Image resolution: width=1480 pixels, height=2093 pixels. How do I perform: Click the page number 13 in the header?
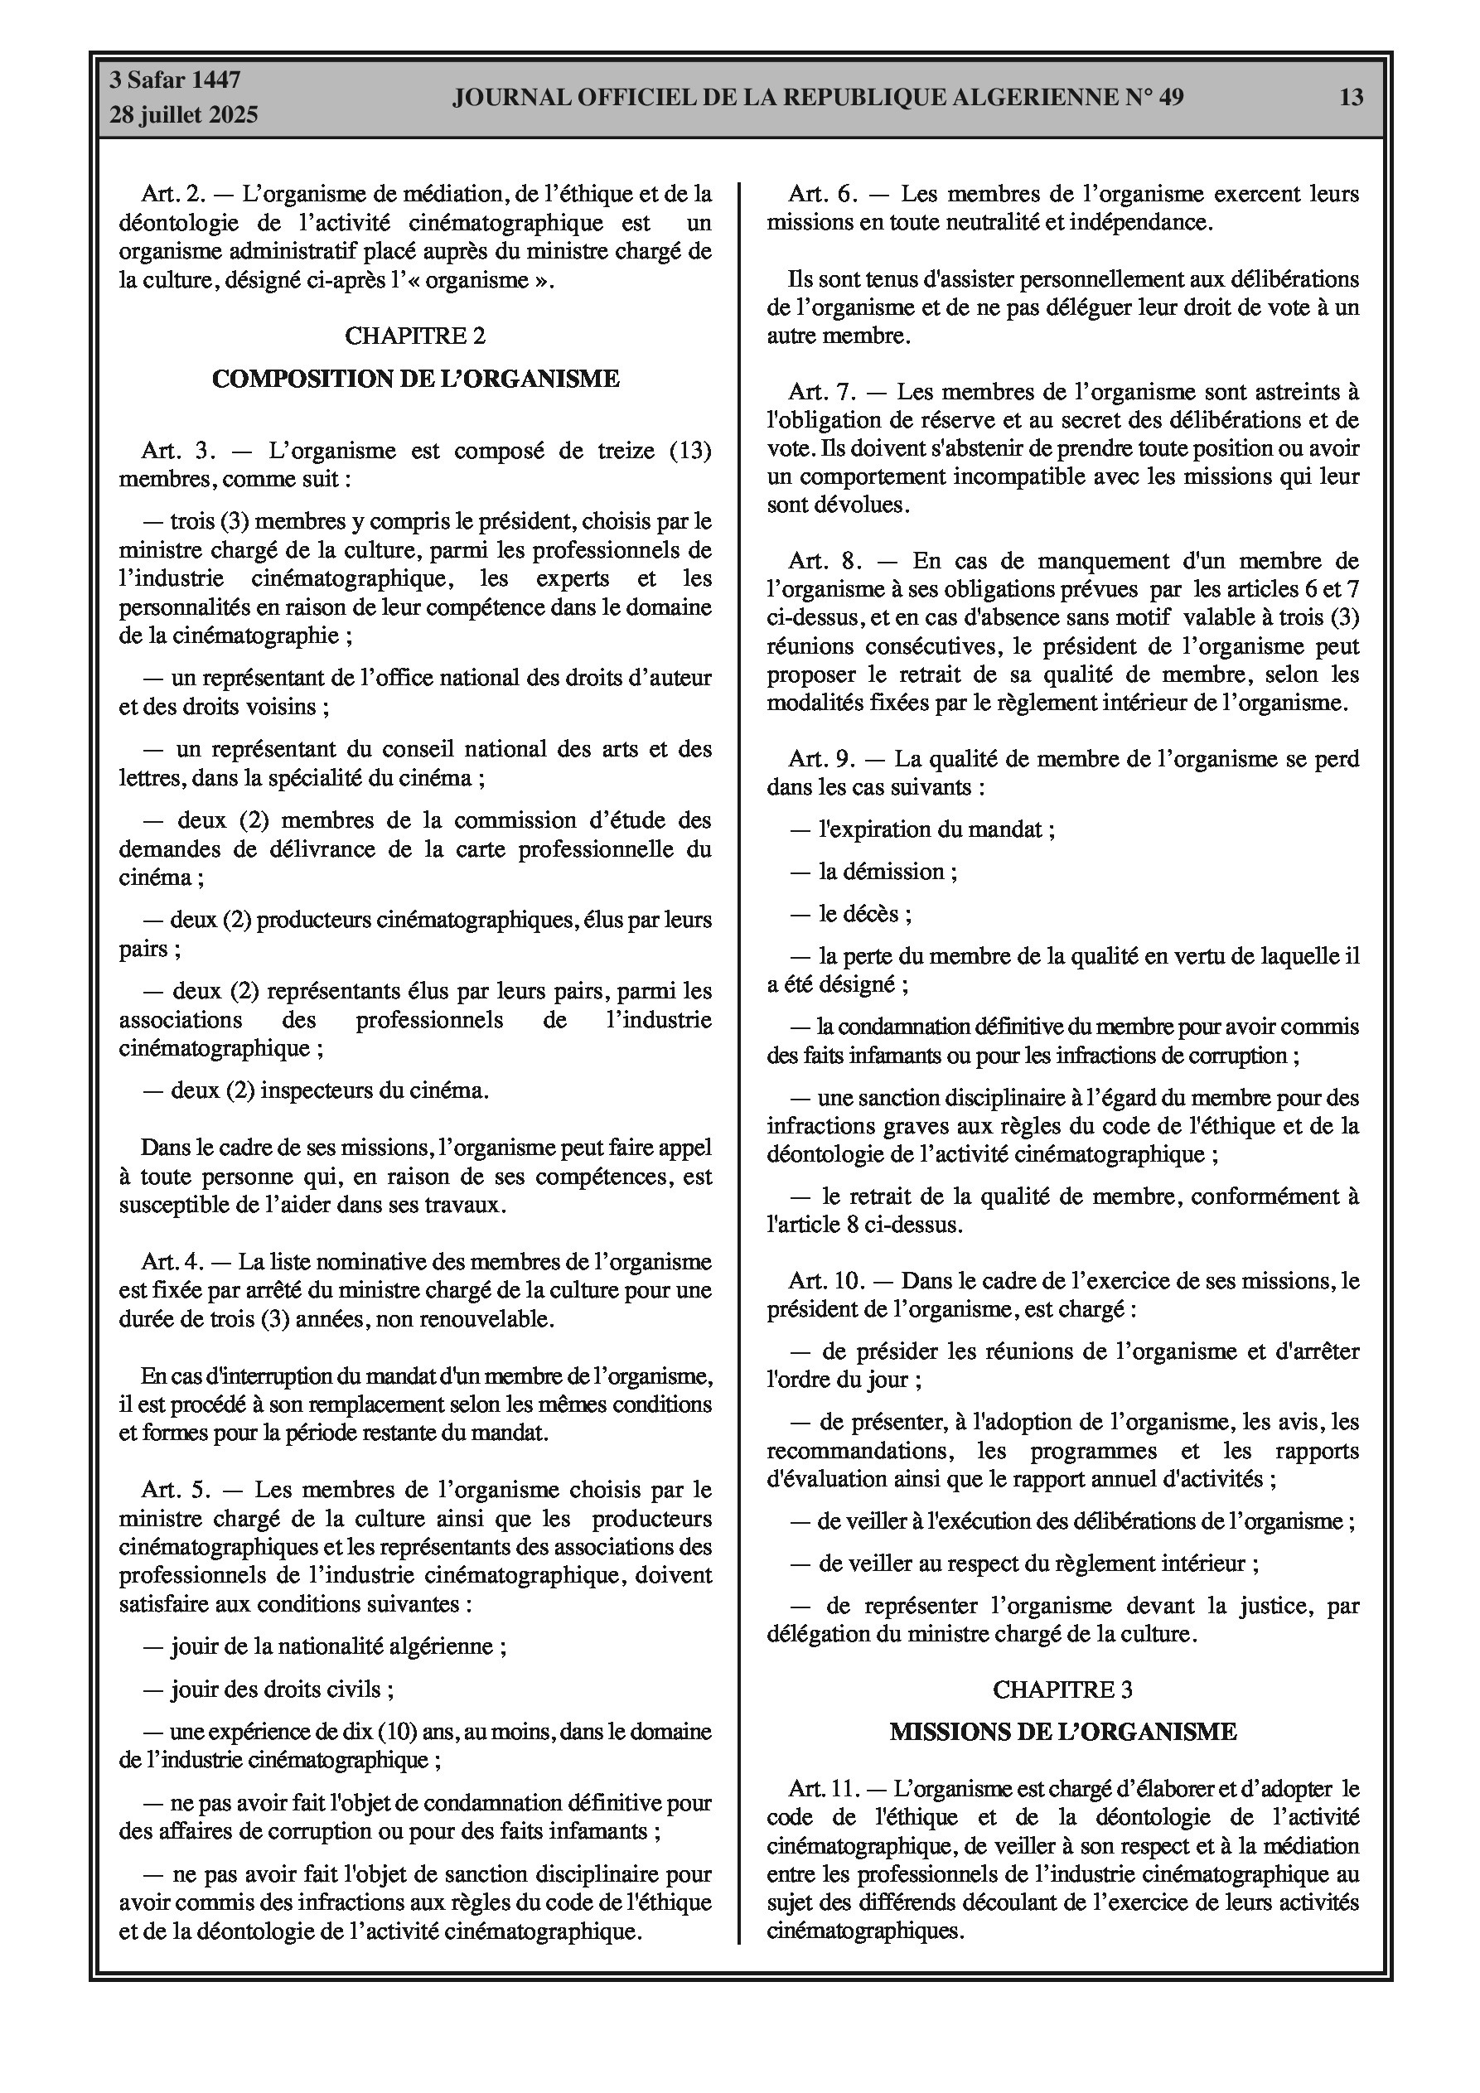1351,97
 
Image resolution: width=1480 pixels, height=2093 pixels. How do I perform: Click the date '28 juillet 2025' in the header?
184,115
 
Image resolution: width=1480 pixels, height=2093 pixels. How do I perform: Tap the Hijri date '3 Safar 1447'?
175,80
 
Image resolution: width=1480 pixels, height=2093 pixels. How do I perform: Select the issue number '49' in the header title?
1170,97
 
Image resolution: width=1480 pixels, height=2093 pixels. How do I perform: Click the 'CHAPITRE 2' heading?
415,336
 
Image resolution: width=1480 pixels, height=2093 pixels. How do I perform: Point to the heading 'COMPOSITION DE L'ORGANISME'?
415,379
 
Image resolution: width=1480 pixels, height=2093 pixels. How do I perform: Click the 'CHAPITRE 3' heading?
1062,1689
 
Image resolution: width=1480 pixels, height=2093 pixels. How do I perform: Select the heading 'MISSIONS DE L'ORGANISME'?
1062,1731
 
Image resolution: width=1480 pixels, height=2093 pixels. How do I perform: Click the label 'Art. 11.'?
824,1789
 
